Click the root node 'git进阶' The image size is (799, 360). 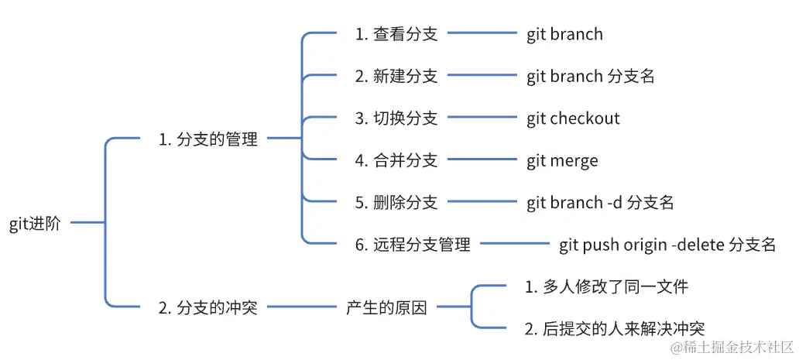pyautogui.click(x=39, y=224)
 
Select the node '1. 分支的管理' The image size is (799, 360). pyautogui.click(x=207, y=139)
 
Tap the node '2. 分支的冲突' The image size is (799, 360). pyautogui.click(x=207, y=307)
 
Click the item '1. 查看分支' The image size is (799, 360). pyautogui.click(x=396, y=34)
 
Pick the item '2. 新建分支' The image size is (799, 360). pyautogui.click(x=396, y=76)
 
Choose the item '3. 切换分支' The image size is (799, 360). pyautogui.click(x=396, y=118)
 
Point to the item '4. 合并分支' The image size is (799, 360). pyautogui.click(x=396, y=160)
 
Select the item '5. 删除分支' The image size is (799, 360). pyautogui.click(x=396, y=203)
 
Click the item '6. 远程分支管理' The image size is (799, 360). pyautogui.click(x=413, y=245)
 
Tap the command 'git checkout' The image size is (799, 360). pyautogui.click(x=573, y=118)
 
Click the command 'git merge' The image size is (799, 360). pyautogui.click(x=562, y=160)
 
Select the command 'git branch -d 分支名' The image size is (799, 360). pyautogui.click(x=600, y=203)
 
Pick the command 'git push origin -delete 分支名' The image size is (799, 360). pyautogui.click(x=667, y=245)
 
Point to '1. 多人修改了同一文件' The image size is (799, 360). pyautogui.click(x=606, y=287)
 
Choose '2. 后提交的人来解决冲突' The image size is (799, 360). pyautogui.click(x=614, y=329)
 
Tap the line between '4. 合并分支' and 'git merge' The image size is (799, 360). pyautogui.click(x=482, y=160)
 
